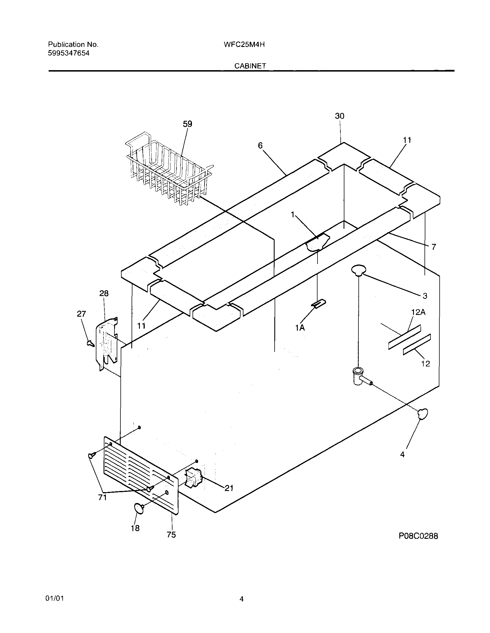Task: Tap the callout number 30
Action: coord(340,116)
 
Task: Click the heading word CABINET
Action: coord(250,66)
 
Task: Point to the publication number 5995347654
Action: coord(69,53)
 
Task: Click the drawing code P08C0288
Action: coord(418,536)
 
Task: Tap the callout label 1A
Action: coord(300,328)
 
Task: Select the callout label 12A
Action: coord(418,312)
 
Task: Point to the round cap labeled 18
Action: coord(139,509)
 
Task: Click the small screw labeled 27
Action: coord(90,344)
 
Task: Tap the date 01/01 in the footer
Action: coord(54,598)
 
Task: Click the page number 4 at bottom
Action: coord(241,599)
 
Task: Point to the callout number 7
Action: coord(434,247)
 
